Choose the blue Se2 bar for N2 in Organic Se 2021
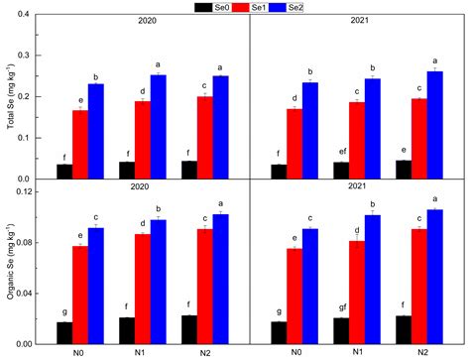(434, 277)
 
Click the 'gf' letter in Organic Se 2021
(341, 308)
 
